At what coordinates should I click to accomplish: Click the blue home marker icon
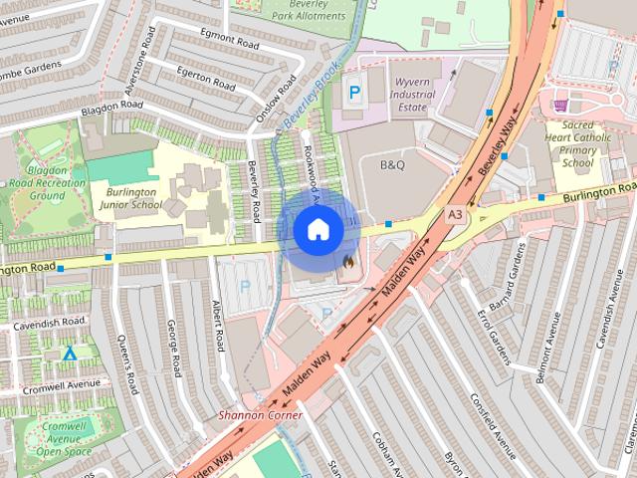(318, 230)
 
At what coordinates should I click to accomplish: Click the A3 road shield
(455, 214)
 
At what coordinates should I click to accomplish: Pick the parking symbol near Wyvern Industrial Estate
(353, 92)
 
